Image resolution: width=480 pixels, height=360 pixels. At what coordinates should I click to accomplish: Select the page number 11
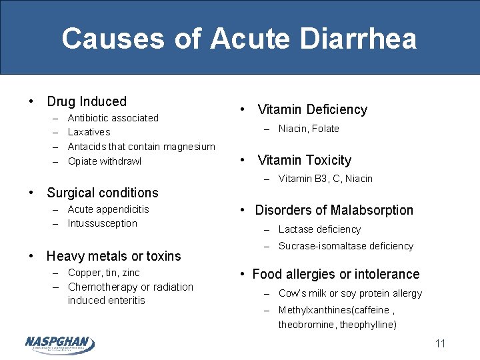click(439, 344)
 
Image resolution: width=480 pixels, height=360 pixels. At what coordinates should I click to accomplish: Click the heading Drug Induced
click(86, 101)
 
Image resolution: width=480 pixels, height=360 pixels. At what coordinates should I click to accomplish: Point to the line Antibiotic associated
click(113, 118)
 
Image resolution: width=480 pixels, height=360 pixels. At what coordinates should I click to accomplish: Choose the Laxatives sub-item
click(89, 132)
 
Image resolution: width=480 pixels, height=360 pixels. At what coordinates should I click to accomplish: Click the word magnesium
click(189, 147)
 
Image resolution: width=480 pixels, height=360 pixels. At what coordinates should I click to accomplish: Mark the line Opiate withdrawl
click(105, 161)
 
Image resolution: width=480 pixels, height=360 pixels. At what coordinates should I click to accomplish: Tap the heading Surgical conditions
click(102, 193)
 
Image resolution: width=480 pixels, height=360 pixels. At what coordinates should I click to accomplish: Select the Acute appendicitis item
click(109, 209)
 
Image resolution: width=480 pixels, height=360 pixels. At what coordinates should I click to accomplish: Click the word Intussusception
click(103, 223)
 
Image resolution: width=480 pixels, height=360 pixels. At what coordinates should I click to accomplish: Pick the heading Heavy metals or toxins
click(113, 256)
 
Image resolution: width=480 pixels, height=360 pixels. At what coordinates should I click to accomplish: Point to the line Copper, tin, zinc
click(104, 273)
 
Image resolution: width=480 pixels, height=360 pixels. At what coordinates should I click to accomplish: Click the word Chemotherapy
click(103, 287)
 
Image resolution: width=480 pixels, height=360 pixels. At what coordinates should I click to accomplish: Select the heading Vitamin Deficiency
click(312, 109)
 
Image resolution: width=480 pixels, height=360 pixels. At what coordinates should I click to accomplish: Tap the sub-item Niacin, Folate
click(309, 129)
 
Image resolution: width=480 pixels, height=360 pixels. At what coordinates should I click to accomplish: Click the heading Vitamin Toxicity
click(304, 160)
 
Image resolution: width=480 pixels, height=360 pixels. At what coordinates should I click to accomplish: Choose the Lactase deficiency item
click(319, 229)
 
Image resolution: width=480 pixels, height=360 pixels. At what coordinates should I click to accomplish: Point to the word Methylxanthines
click(314, 310)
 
